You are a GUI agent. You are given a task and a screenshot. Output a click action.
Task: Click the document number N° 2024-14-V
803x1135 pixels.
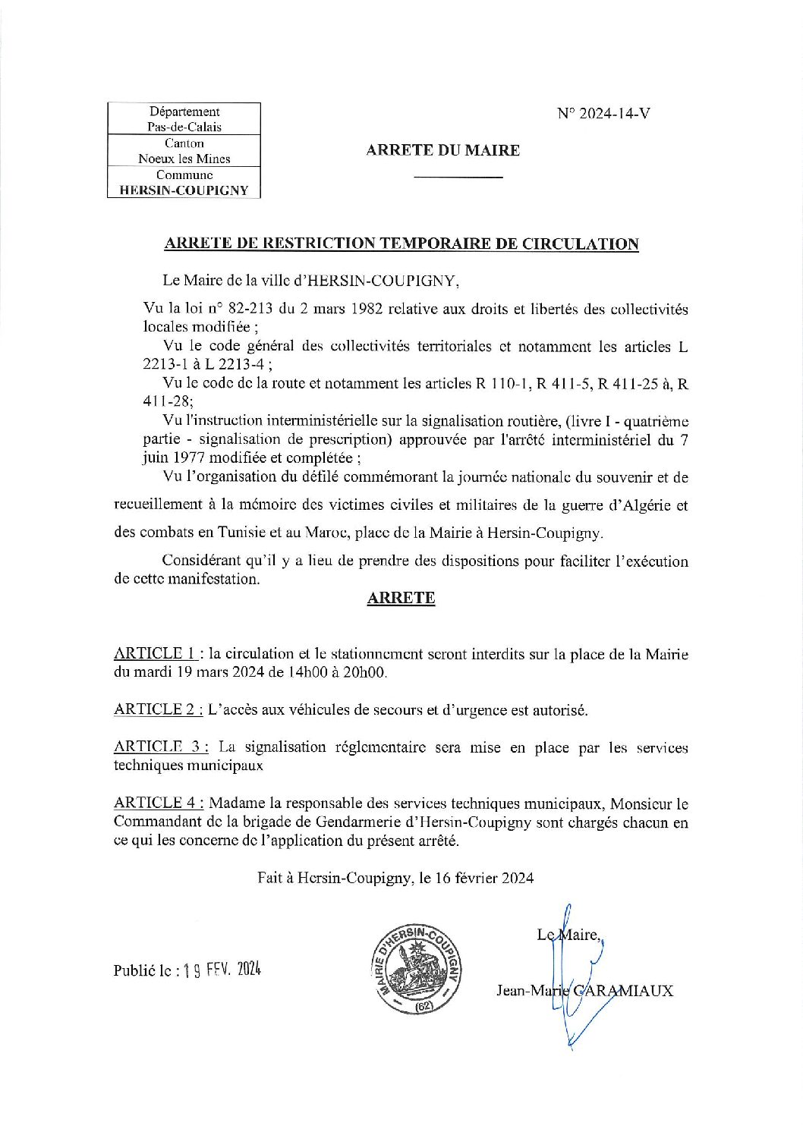pos(603,114)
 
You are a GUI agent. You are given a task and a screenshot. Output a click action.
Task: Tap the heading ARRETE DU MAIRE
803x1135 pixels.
pos(442,150)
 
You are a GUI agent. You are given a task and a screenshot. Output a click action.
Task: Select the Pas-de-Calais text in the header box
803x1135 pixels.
pos(184,127)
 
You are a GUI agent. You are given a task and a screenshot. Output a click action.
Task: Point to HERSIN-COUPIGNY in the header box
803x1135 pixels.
pos(184,190)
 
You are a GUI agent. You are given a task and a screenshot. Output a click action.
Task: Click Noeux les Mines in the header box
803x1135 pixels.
pos(184,159)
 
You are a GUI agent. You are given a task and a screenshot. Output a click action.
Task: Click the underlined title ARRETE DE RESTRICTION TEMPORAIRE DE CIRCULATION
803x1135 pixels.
pos(401,244)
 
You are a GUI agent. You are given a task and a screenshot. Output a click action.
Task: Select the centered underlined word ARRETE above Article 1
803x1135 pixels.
pos(401,598)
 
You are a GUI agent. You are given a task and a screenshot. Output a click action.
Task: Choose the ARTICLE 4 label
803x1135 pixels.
pos(158,803)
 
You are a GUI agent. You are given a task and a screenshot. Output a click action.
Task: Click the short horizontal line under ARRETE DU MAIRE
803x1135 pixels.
pos(458,178)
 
